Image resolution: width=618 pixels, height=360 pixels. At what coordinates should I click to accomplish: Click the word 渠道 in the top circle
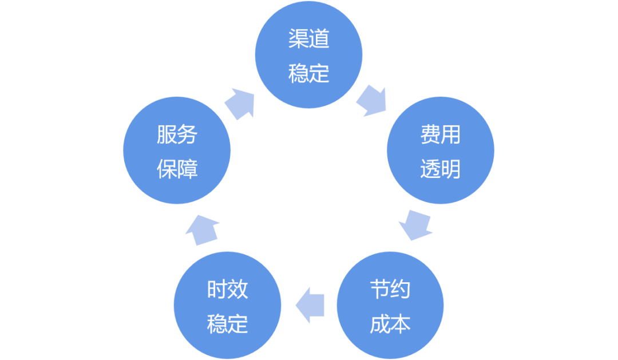[309, 39]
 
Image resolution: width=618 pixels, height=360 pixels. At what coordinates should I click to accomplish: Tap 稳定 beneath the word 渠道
[309, 73]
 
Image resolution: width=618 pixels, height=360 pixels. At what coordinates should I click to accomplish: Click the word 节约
[390, 290]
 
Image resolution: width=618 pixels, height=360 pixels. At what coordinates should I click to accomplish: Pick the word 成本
[390, 324]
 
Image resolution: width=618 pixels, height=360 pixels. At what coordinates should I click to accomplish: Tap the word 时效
[228, 290]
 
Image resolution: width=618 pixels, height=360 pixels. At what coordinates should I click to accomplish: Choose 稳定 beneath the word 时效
[228, 324]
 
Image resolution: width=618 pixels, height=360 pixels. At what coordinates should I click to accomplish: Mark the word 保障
[177, 169]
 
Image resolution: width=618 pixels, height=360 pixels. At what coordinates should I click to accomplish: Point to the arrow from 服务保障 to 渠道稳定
[239, 103]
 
